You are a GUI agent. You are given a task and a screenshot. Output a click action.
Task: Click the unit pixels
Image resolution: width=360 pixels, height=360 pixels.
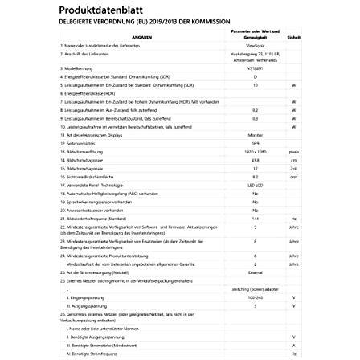(296, 148)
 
